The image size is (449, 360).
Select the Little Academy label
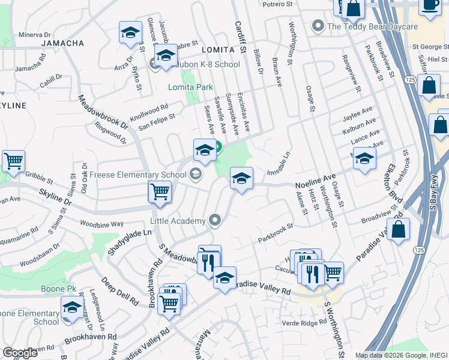coord(178,221)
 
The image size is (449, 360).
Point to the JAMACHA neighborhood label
coord(63,43)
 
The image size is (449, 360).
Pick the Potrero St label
coord(277,4)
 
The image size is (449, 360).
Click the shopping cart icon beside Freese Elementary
coord(160,192)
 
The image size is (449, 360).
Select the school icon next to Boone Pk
coord(72,308)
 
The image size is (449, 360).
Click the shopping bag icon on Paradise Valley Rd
coord(399,229)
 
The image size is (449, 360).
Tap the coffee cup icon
coord(430,5)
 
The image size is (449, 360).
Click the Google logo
coord(20,353)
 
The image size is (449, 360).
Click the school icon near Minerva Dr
coord(130,34)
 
